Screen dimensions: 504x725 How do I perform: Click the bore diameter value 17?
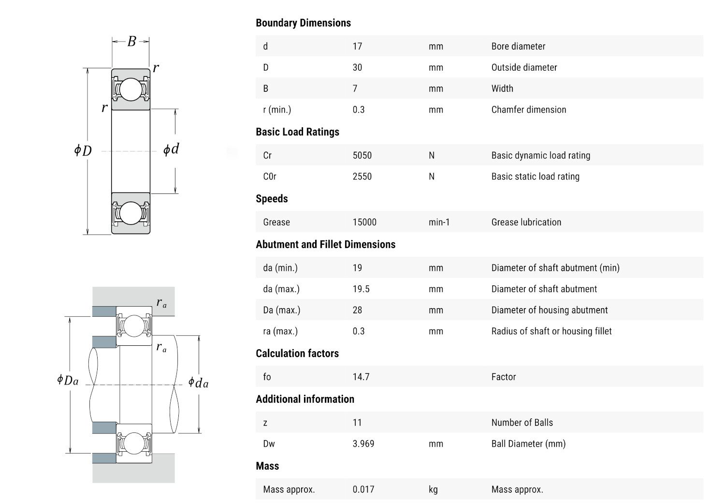click(x=357, y=46)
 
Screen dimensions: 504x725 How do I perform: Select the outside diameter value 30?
click(x=357, y=68)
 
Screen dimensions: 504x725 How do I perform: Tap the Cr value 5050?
click(x=362, y=156)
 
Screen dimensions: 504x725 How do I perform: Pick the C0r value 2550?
click(x=362, y=177)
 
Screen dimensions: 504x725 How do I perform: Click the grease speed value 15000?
click(x=364, y=222)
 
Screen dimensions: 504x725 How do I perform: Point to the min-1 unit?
click(x=439, y=222)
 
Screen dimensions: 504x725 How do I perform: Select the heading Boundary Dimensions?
click(x=303, y=23)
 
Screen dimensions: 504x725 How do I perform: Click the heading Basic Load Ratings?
click(x=297, y=132)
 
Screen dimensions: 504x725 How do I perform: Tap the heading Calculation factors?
click(x=297, y=354)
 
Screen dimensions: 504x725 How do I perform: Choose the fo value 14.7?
click(x=361, y=377)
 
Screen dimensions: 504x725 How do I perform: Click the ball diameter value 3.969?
click(x=363, y=444)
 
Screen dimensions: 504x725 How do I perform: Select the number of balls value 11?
click(x=357, y=423)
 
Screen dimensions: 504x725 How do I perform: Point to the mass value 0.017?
click(x=363, y=489)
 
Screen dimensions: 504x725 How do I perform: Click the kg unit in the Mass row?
click(x=433, y=489)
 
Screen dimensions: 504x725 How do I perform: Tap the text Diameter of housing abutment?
click(x=550, y=311)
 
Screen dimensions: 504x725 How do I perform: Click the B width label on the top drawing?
click(x=131, y=42)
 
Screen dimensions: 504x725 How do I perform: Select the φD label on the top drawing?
click(x=83, y=150)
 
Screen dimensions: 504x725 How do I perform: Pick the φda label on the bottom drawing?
click(x=198, y=383)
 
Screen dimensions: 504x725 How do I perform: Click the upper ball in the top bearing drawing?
click(x=130, y=89)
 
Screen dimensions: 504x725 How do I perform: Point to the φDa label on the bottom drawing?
click(x=68, y=380)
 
